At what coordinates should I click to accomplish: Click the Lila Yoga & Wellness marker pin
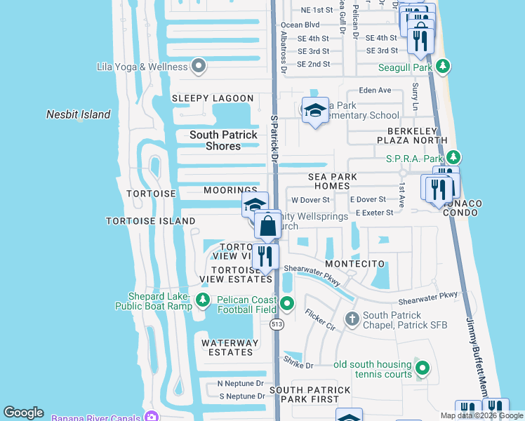pos(198,67)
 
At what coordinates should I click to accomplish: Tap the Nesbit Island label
pos(79,114)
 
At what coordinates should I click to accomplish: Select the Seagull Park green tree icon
pos(442,67)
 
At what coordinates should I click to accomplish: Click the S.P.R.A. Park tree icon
pos(454,157)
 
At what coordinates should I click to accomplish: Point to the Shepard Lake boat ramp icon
pos(203,300)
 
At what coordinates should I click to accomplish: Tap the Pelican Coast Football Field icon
pos(287,304)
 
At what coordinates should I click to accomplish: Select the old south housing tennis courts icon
pos(422,368)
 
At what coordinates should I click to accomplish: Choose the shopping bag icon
pos(268,227)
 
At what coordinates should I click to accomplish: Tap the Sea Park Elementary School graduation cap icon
pos(315,109)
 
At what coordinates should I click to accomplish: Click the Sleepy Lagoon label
pos(213,98)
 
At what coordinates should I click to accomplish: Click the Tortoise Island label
pos(150,221)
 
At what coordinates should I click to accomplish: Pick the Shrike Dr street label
pos(298,365)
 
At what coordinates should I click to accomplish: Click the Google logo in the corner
pos(23,413)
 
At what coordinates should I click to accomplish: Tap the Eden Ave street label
pos(374,91)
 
